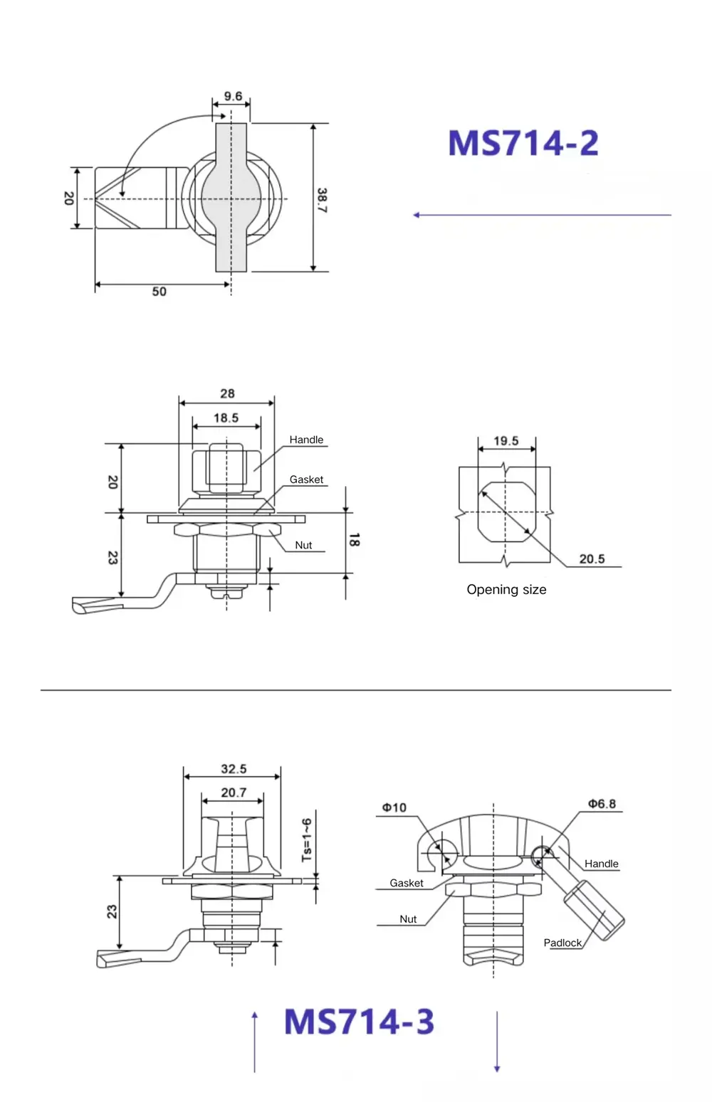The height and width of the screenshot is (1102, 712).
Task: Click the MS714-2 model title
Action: tap(523, 143)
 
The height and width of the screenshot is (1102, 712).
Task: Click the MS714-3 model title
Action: tap(359, 1022)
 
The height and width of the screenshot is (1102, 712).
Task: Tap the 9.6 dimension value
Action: tap(233, 96)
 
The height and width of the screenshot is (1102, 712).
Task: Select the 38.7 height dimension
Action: tap(322, 201)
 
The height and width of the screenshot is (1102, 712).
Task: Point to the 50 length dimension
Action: tap(159, 292)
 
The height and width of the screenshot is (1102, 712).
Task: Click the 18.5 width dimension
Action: tap(226, 418)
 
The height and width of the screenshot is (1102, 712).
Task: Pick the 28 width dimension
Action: tap(227, 393)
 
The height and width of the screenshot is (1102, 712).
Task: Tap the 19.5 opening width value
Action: tap(506, 441)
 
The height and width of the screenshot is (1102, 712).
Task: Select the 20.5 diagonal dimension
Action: tap(592, 559)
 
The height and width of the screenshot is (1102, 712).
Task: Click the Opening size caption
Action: tap(506, 590)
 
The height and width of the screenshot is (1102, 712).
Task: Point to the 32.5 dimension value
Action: tap(233, 769)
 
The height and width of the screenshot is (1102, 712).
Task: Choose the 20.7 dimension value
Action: tap(233, 793)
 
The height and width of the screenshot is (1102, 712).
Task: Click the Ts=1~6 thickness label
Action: tap(307, 839)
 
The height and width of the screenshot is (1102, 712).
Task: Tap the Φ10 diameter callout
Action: tap(394, 807)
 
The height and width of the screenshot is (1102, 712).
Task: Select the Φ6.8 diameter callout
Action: tap(602, 804)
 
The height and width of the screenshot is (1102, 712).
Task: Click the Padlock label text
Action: tap(562, 943)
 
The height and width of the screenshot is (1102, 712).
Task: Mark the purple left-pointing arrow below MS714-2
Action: tap(542, 215)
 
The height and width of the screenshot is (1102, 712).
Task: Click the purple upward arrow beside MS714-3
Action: tap(254, 1042)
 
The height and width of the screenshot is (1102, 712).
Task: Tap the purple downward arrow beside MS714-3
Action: tap(497, 1042)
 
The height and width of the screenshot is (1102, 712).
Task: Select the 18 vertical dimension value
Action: tap(354, 540)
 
